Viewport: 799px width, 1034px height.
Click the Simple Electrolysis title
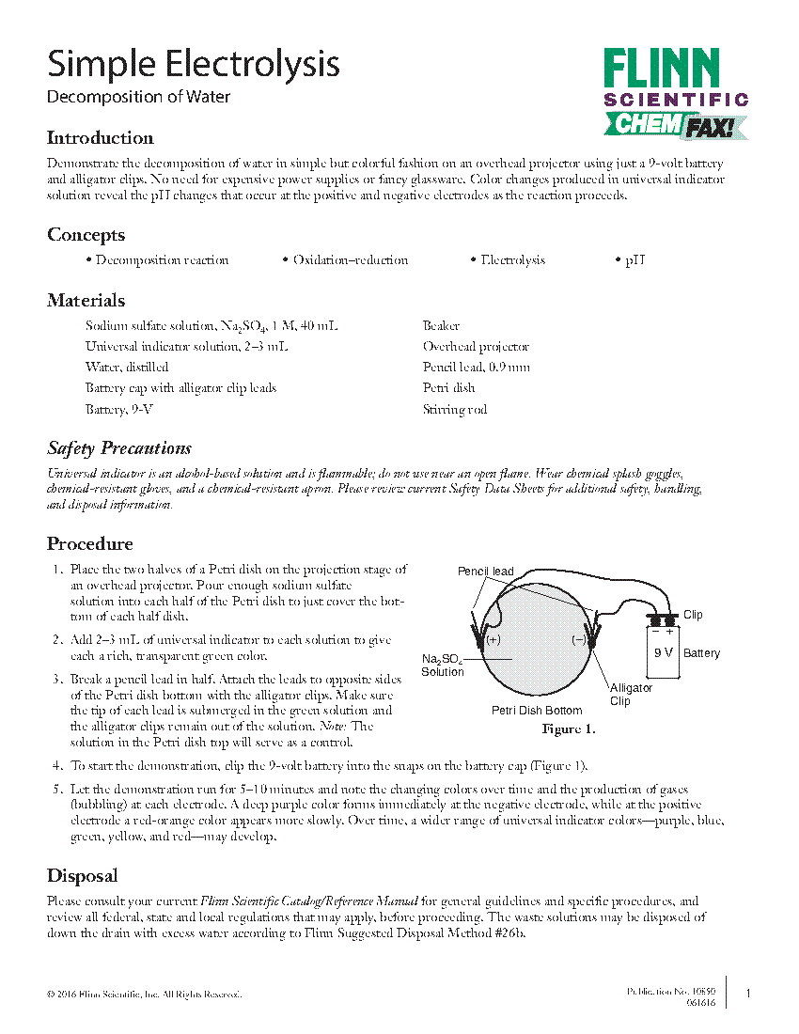point(193,64)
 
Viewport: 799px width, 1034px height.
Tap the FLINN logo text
point(661,70)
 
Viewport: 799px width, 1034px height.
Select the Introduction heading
point(100,138)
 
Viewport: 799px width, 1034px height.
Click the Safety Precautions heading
point(119,447)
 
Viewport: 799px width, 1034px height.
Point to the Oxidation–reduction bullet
point(345,260)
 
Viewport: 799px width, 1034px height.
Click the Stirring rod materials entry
point(455,409)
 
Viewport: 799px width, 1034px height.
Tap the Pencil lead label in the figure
point(485,572)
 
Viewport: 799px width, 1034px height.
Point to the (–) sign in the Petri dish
point(578,640)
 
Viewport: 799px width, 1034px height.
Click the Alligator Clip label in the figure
point(632,695)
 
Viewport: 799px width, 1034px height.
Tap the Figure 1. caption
point(568,729)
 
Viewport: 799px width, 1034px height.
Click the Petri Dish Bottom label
point(537,711)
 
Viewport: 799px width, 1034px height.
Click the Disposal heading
point(82,876)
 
